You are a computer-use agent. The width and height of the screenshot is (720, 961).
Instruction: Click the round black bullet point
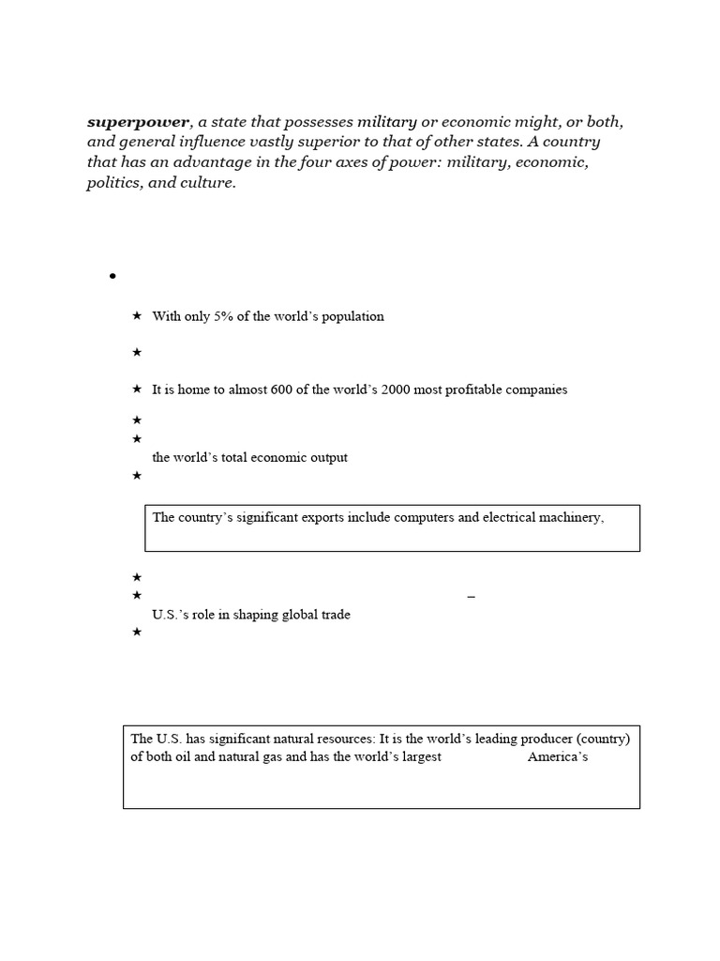click(112, 276)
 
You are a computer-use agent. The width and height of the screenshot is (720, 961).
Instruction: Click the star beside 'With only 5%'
click(137, 316)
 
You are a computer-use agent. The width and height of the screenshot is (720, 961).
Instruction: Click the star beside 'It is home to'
click(137, 389)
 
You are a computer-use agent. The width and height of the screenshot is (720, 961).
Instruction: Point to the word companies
click(536, 389)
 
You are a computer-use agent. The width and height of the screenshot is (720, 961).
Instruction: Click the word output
click(326, 458)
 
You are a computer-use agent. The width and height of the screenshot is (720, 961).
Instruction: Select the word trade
click(334, 615)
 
